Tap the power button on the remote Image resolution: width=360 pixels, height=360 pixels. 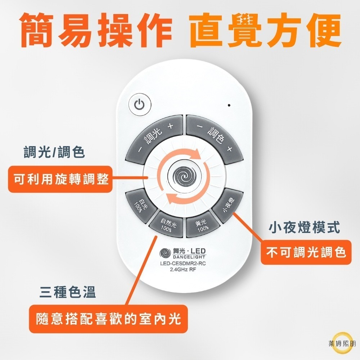pyautogui.click(x=140, y=105)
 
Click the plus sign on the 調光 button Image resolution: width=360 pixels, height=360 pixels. pyautogui.click(x=170, y=126)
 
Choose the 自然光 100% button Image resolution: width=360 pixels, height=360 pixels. pyautogui.click(x=168, y=225)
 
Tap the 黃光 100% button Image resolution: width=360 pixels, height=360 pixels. pyautogui.click(x=202, y=225)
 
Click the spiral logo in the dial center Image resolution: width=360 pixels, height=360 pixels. pyautogui.click(x=185, y=176)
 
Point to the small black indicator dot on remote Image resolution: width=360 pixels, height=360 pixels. pyautogui.click(x=229, y=105)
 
